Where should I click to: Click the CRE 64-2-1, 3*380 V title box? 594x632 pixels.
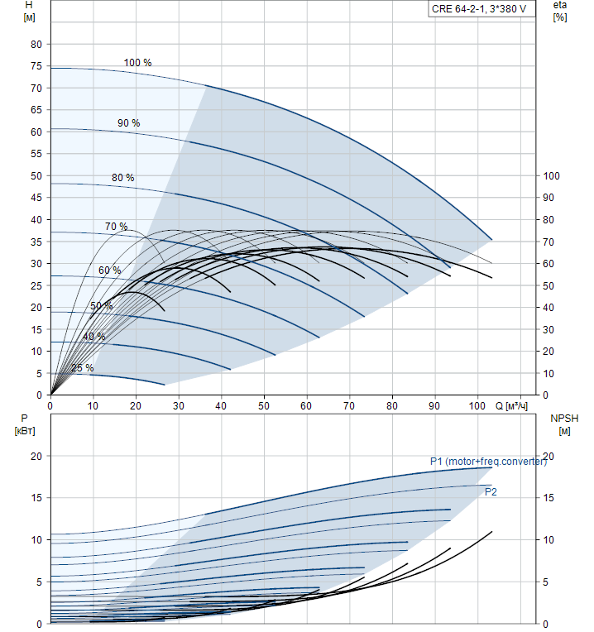click(x=478, y=9)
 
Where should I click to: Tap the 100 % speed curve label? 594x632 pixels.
click(x=137, y=63)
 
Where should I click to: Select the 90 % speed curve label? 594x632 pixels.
click(x=128, y=123)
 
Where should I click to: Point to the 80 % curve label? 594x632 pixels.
click(x=122, y=178)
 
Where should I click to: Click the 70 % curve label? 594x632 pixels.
click(x=116, y=227)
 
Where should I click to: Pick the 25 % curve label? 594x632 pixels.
click(x=82, y=368)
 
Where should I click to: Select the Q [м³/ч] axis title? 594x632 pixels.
click(x=510, y=406)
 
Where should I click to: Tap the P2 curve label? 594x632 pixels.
click(x=491, y=492)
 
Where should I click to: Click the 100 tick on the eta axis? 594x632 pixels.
click(x=549, y=175)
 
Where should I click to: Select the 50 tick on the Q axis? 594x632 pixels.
click(x=264, y=406)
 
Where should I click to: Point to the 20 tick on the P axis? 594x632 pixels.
click(x=36, y=456)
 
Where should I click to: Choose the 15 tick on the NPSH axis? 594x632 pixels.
click(x=553, y=498)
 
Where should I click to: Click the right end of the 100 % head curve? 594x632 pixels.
click(x=492, y=239)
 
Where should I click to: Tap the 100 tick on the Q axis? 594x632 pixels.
click(x=477, y=406)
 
